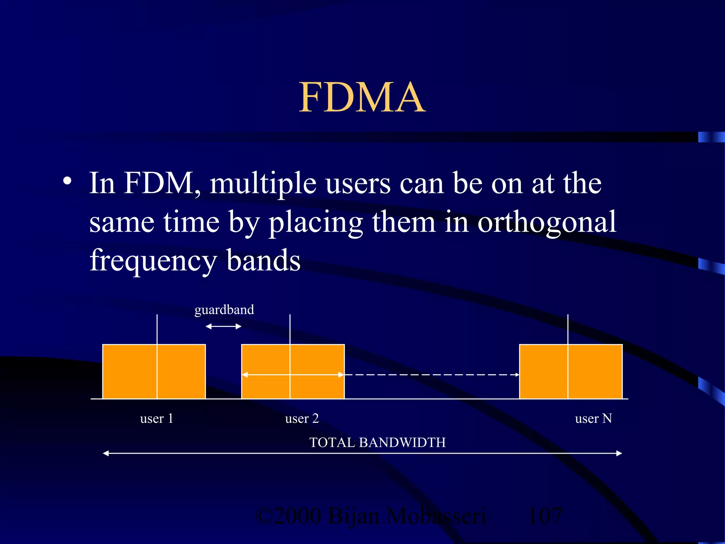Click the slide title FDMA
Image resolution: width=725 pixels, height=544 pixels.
(362, 97)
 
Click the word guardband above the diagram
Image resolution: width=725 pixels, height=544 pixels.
(224, 310)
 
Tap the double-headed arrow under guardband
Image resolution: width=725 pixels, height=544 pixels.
(223, 327)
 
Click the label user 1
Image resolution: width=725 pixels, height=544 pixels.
(156, 419)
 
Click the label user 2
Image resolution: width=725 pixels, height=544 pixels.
(302, 419)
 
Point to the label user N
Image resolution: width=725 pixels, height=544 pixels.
(593, 419)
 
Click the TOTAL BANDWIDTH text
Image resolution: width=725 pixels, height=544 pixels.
(377, 443)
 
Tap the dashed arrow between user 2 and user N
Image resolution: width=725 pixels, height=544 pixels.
(432, 375)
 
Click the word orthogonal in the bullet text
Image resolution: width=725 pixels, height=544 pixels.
(547, 222)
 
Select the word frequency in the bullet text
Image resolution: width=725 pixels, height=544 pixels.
(153, 261)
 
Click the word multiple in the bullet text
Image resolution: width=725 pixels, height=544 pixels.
(263, 184)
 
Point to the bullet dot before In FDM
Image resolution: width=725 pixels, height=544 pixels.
(67, 181)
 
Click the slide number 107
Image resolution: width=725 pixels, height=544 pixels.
(544, 516)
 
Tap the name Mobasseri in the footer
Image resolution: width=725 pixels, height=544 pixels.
(436, 516)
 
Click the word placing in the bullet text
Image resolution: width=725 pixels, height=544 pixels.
(316, 222)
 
